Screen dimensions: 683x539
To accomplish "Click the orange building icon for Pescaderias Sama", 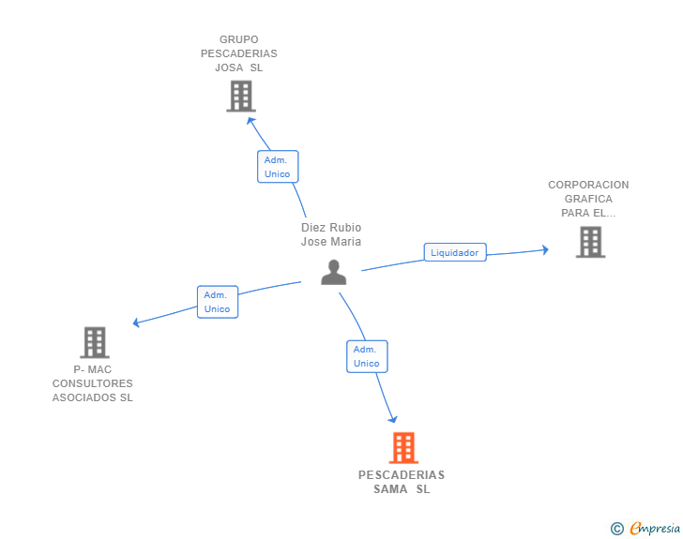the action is coord(403,447).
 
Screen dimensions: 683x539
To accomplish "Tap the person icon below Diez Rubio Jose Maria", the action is coord(334,273).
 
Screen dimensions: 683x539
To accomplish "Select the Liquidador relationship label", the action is coord(455,252).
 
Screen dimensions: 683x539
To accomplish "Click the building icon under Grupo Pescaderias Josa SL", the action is coord(241,97).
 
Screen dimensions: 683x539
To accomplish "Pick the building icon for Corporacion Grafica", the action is coord(591,242).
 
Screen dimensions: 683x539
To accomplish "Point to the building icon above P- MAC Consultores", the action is coord(95,342).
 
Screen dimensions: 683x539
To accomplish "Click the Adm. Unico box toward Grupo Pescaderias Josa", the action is coord(278,167).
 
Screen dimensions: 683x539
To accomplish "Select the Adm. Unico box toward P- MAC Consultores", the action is coord(218,302).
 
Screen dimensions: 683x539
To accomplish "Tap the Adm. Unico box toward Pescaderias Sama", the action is coord(367,356).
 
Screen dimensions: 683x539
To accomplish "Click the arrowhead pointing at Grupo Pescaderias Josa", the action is coord(250,121).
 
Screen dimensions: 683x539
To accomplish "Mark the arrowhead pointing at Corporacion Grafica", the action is coord(545,250).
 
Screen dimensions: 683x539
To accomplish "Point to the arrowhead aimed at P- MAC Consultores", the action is coord(136,322).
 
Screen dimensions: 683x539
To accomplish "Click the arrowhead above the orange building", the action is coord(393,419).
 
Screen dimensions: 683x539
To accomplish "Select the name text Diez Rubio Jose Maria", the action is coord(331,234).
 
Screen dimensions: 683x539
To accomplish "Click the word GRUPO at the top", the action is coord(238,39).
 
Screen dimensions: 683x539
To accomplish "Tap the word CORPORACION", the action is coord(588,185).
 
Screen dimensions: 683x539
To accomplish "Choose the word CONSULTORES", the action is coord(92,383).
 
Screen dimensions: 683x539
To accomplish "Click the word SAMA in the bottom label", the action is coord(390,489).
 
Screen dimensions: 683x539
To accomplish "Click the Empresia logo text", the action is coord(655,528).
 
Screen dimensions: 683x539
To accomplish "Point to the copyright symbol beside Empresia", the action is coord(617,529).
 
